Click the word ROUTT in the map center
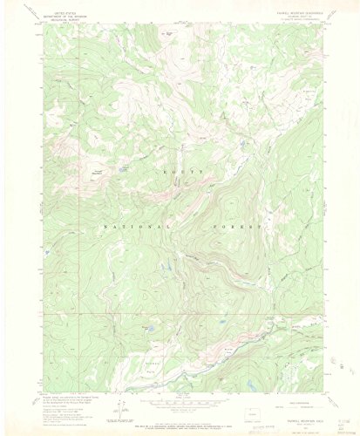coord(184,173)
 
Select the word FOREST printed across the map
coord(236,225)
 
